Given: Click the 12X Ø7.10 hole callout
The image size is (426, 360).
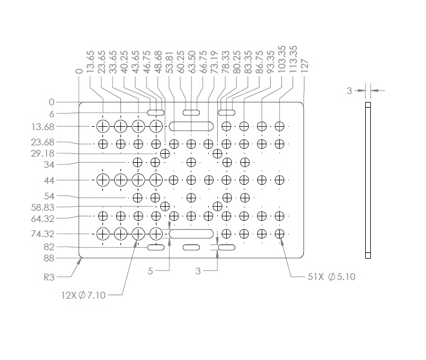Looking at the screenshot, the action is point(83,295).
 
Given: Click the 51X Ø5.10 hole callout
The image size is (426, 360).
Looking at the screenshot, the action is point(331,277).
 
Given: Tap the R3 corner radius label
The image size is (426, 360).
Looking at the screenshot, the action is point(49,277).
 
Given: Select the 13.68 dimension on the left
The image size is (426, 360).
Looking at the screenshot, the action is point(43,127).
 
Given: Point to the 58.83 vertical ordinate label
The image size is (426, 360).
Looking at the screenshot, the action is point(43,207).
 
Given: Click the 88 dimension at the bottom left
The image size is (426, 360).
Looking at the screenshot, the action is point(49,258).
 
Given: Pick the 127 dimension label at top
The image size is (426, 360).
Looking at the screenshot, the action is point(305,65).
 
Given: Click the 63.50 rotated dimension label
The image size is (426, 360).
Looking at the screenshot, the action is point(192,62).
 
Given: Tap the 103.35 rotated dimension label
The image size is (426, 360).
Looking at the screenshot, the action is point(282,59).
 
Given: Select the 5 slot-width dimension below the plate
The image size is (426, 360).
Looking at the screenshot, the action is point(150,271).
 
